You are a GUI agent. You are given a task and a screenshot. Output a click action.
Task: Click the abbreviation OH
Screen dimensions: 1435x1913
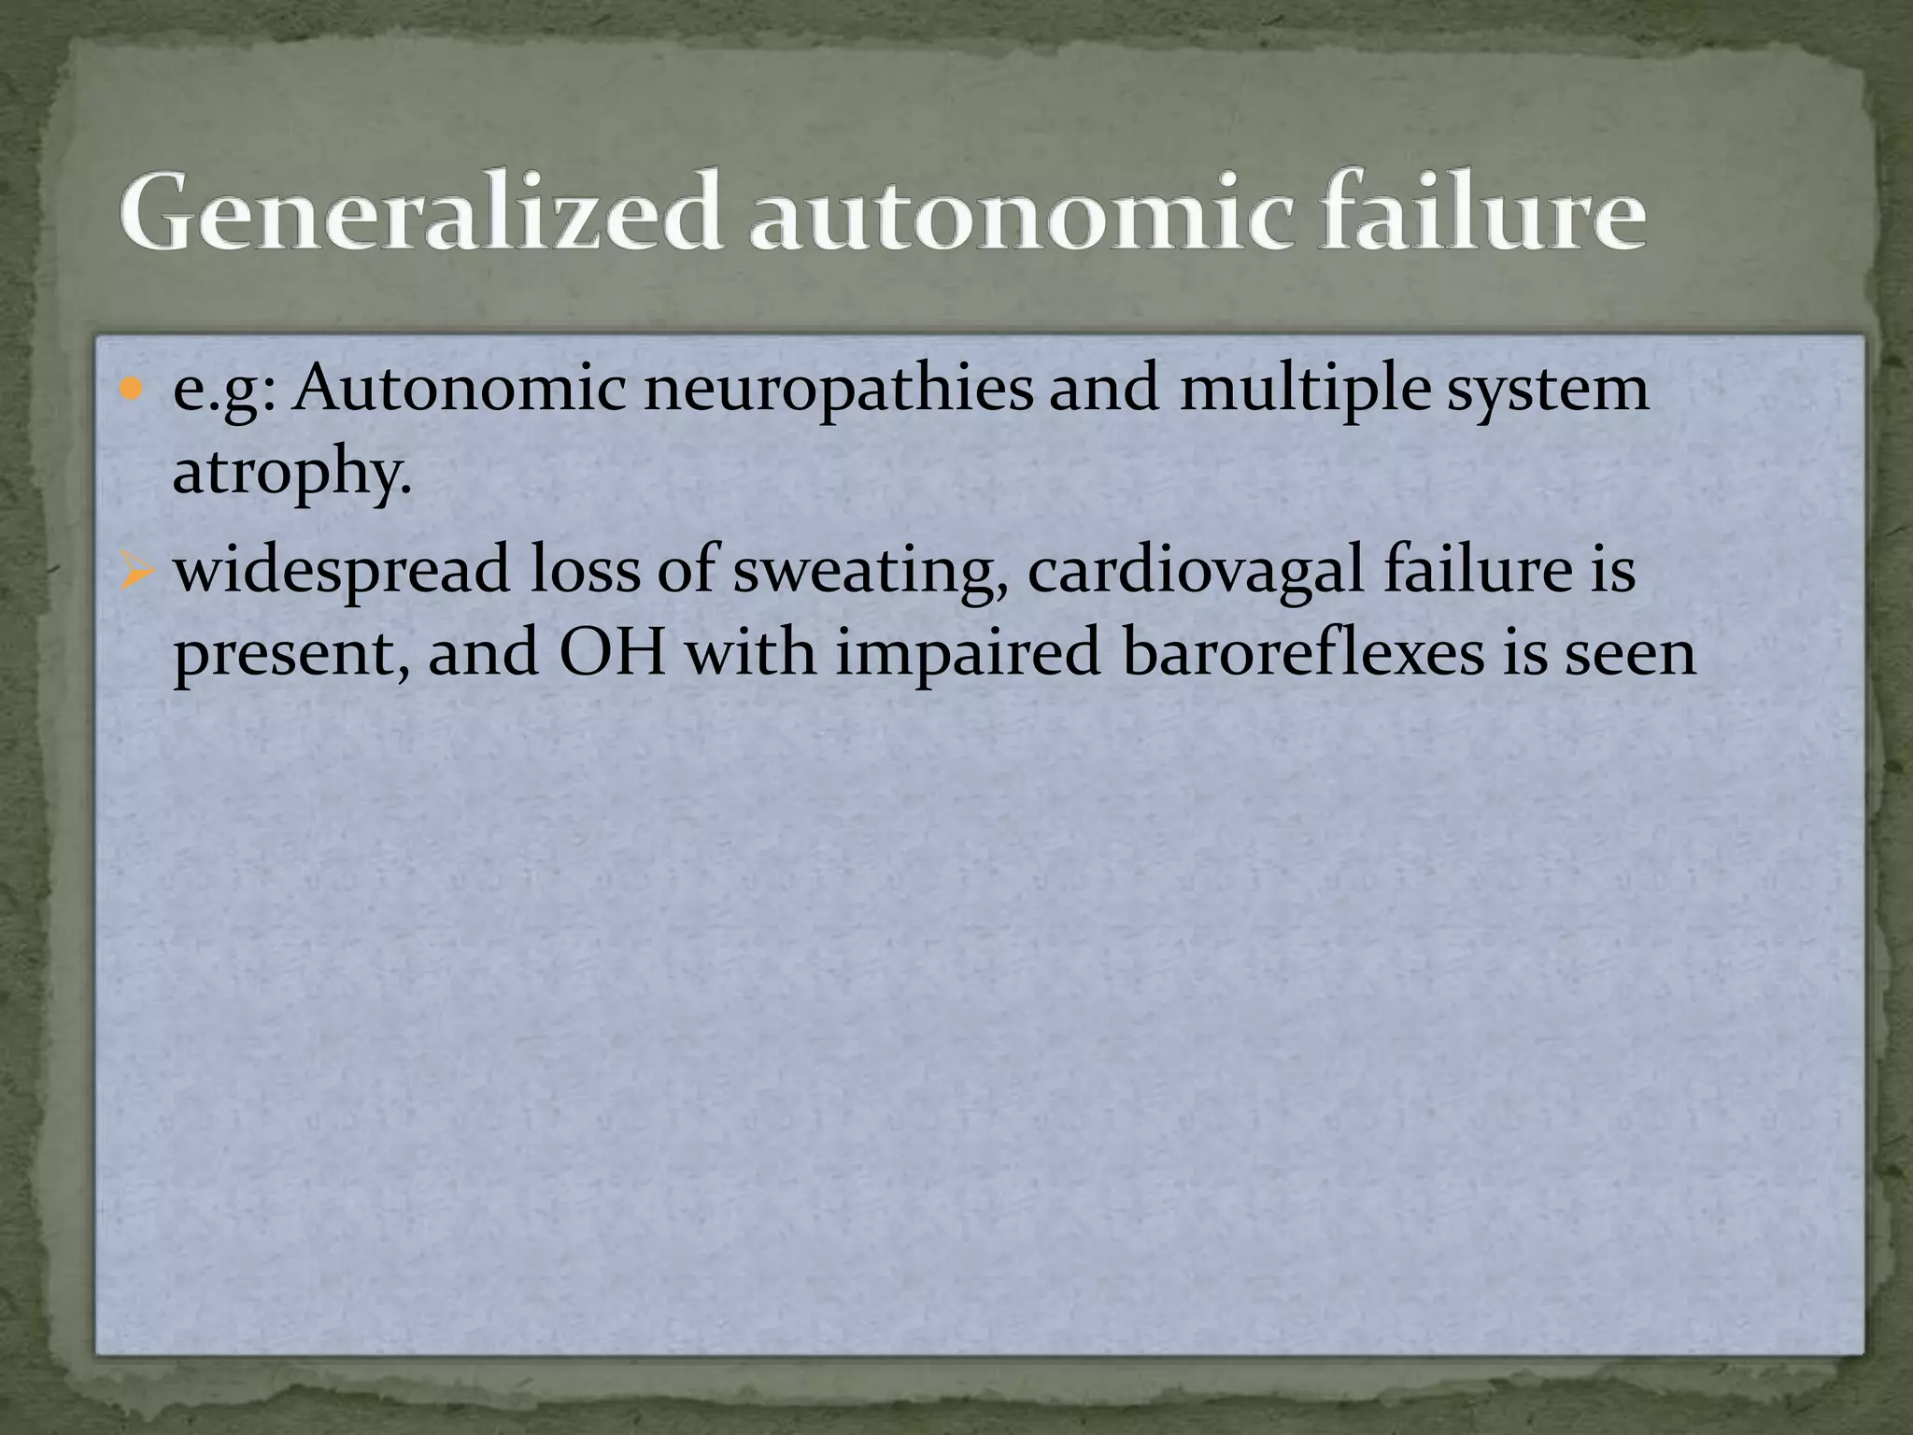(x=612, y=652)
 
